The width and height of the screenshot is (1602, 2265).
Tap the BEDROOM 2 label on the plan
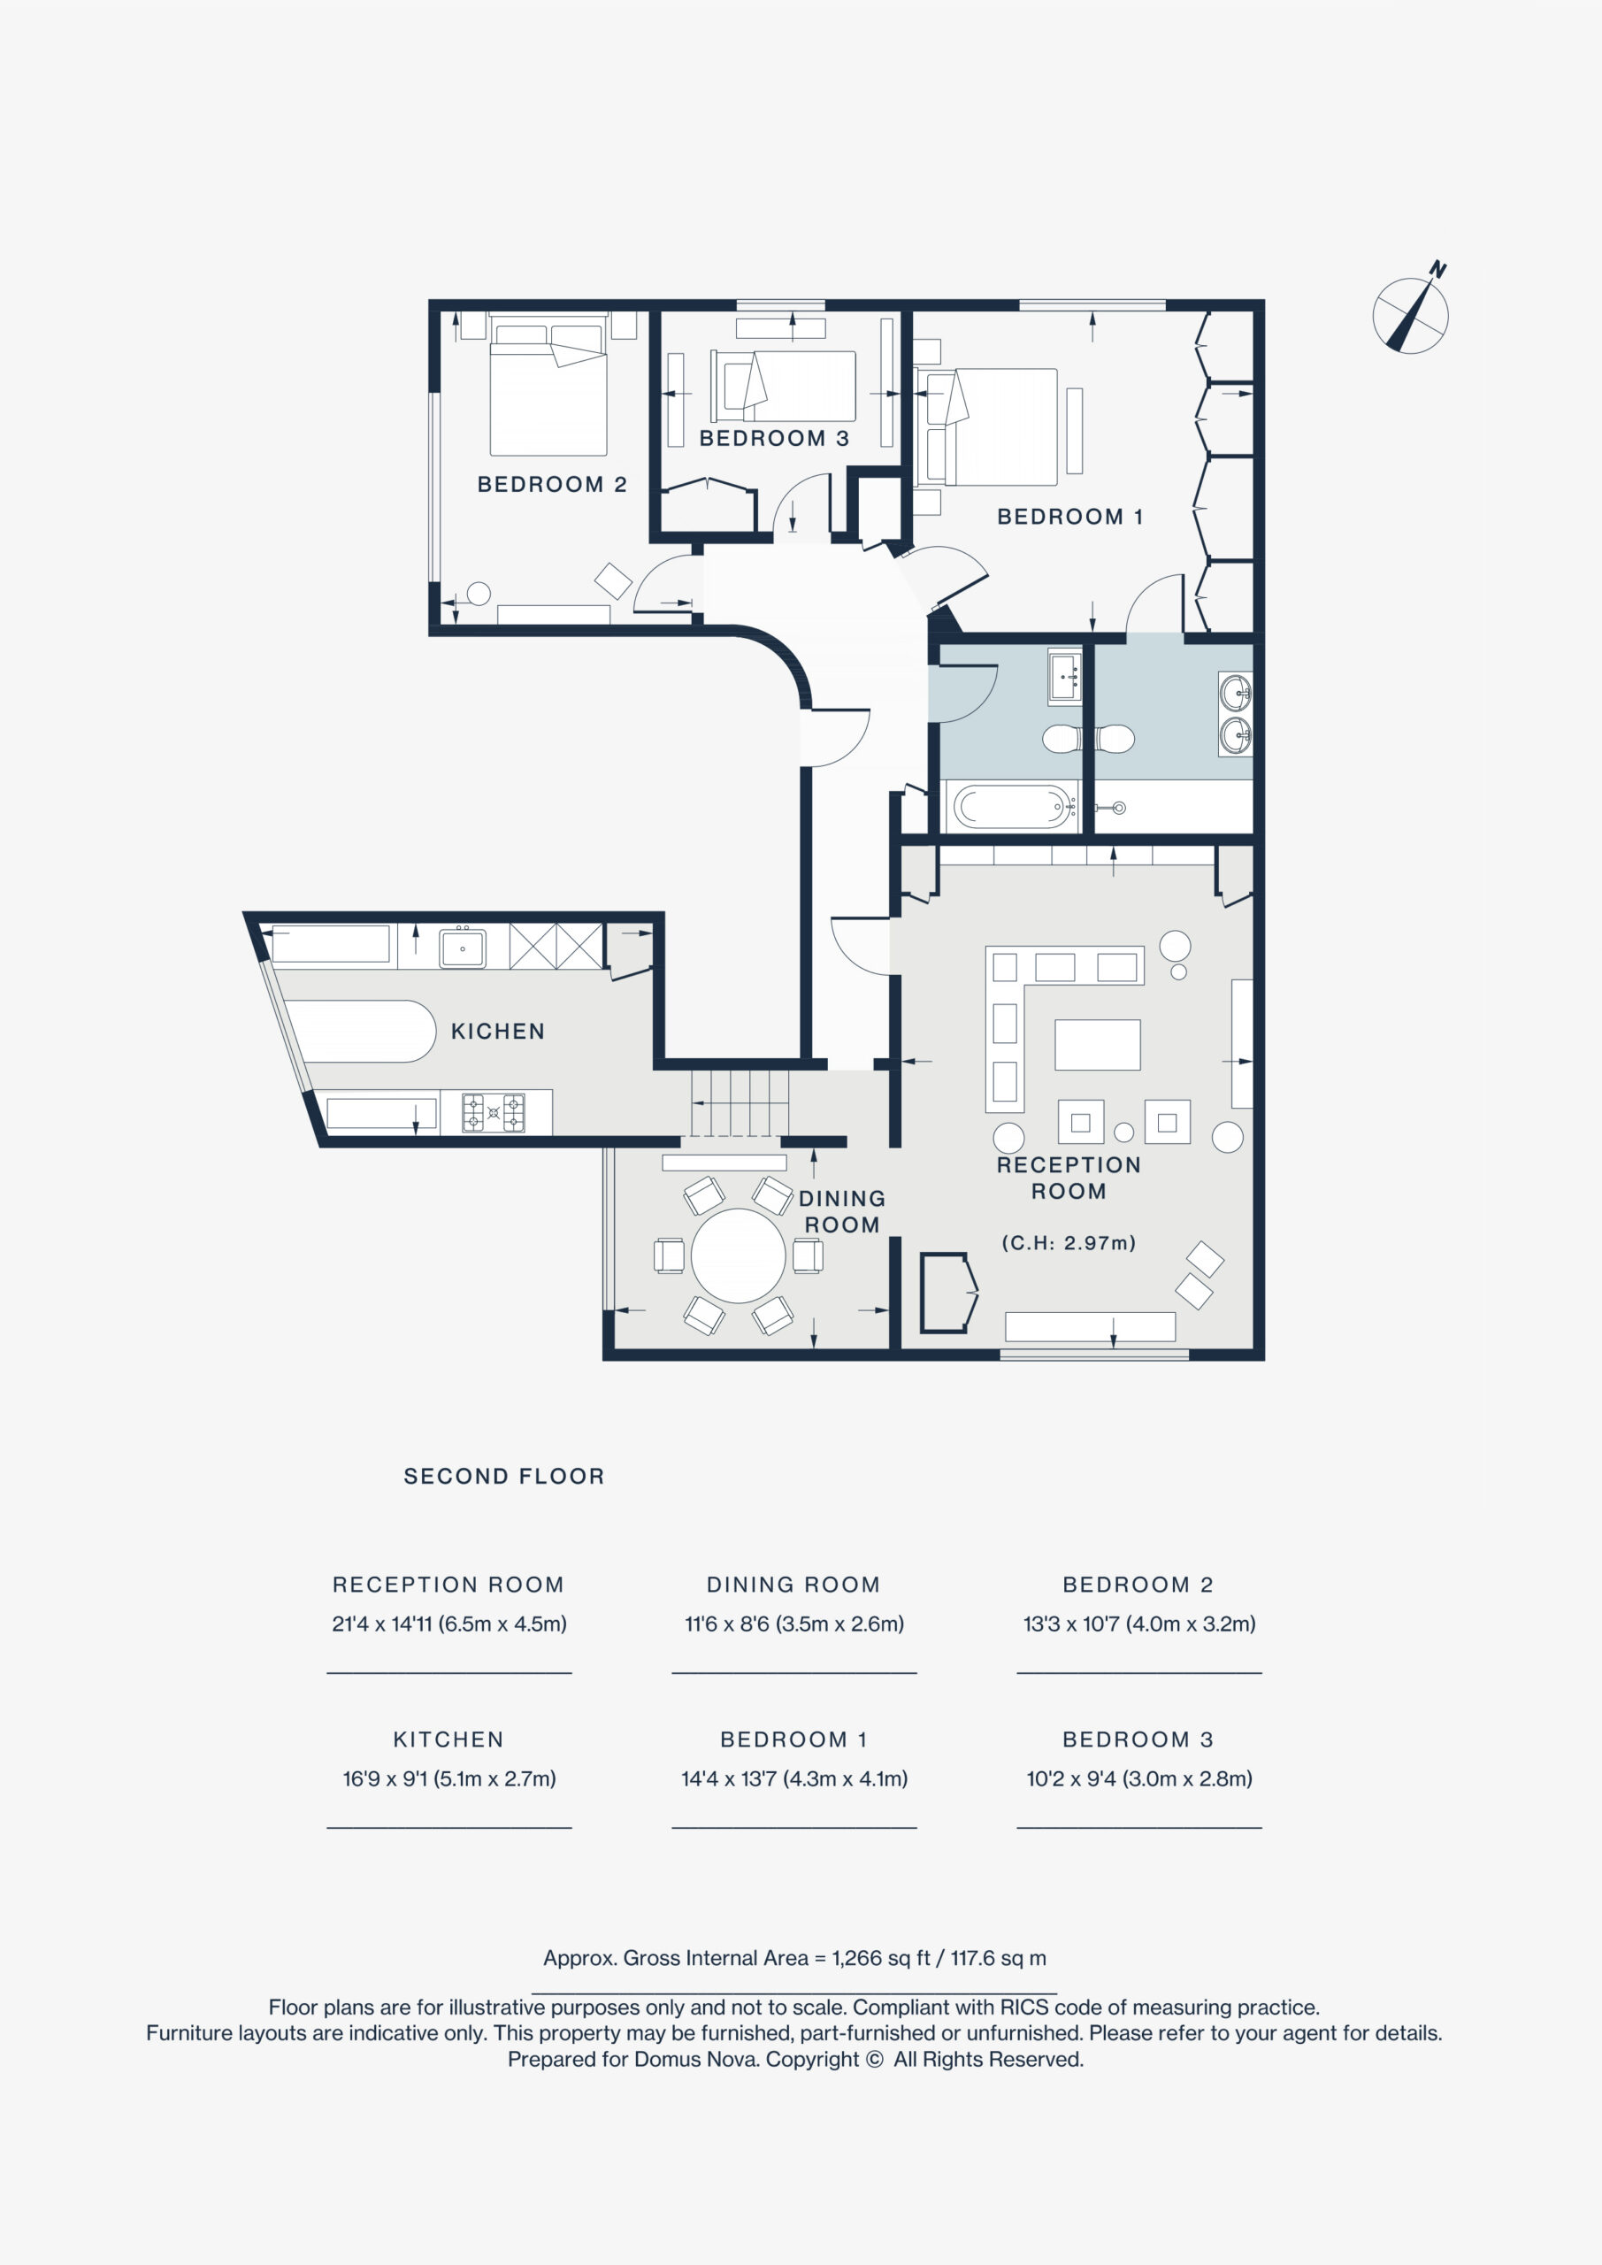pyautogui.click(x=551, y=484)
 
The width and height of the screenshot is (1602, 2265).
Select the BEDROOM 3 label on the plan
pyautogui.click(x=774, y=438)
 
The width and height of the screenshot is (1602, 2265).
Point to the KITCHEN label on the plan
pyautogui.click(x=497, y=1031)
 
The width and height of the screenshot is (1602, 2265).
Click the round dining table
pyautogui.click(x=738, y=1255)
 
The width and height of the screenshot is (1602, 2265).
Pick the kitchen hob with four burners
pyautogui.click(x=494, y=1112)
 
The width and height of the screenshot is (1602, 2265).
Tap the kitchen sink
pyautogui.click(x=463, y=947)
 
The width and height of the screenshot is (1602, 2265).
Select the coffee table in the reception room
pyautogui.click(x=1097, y=1045)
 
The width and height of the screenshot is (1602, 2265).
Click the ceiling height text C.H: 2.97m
pyautogui.click(x=1069, y=1243)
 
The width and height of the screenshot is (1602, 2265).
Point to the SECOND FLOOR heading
pyautogui.click(x=504, y=1476)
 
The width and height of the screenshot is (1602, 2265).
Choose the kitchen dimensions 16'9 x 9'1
pyautogui.click(x=384, y=1778)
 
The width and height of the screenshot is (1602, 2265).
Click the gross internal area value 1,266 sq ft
pyautogui.click(x=881, y=1958)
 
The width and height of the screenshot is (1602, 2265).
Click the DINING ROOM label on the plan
pyautogui.click(x=841, y=1211)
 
